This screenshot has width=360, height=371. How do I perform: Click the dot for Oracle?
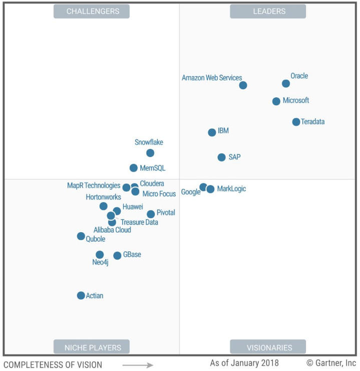tap(286, 84)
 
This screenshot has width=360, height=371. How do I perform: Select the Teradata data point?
tap(296, 122)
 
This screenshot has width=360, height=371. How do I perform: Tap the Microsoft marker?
tap(276, 101)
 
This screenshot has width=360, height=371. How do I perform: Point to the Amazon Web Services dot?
tap(243, 85)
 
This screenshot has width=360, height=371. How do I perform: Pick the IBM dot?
tap(212, 132)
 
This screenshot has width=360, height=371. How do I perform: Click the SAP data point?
tap(221, 157)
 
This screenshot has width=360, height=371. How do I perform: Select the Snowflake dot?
tap(150, 153)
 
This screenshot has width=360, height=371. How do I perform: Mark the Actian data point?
tap(81, 295)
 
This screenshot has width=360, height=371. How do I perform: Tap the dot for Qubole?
tap(81, 236)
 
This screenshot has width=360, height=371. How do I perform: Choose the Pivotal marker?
tap(151, 214)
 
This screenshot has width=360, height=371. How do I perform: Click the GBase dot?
tap(117, 256)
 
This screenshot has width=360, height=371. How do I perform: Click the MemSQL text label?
tap(153, 168)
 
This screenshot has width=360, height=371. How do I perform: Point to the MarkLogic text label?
tap(232, 189)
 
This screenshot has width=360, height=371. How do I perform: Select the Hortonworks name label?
tap(103, 197)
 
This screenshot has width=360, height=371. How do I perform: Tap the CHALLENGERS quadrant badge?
tap(92, 11)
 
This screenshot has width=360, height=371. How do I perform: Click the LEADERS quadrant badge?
tap(268, 11)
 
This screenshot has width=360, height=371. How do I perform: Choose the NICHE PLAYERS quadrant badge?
tap(92, 347)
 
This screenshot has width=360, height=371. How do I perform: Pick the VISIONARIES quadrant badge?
tap(268, 347)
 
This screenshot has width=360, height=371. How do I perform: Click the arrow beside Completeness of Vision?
tap(138, 365)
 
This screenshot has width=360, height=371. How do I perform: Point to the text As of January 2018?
tap(244, 363)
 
